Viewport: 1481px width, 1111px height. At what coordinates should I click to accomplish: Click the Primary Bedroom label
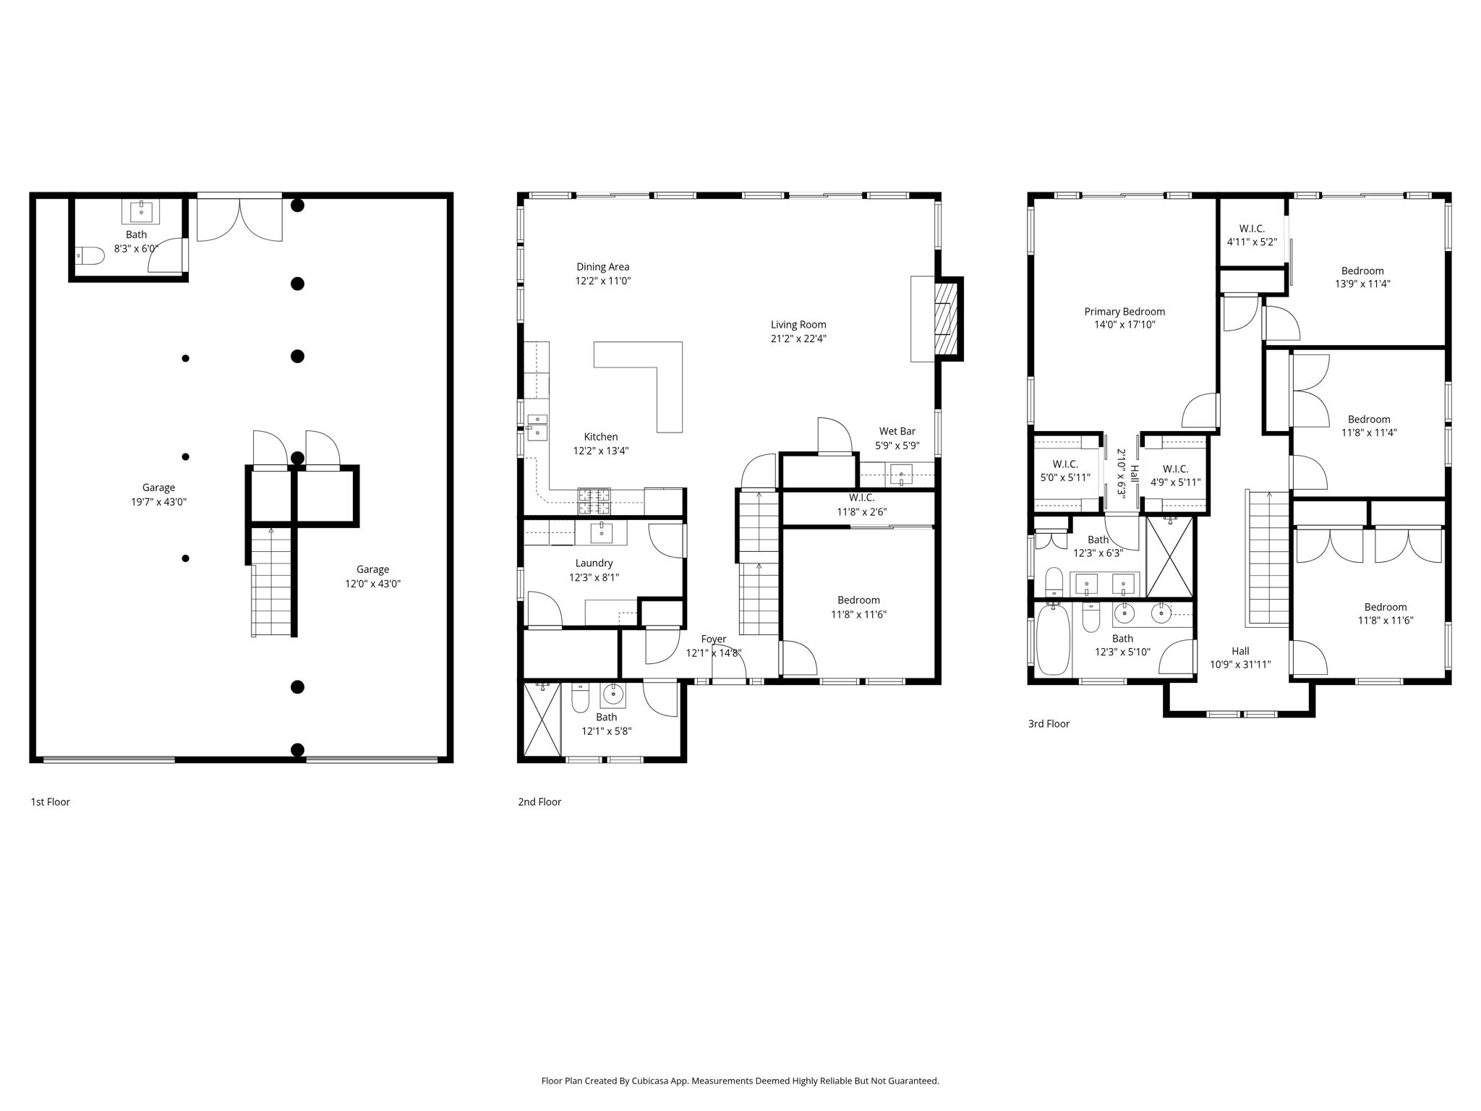(x=1124, y=312)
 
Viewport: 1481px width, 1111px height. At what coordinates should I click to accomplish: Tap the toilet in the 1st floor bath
(x=89, y=255)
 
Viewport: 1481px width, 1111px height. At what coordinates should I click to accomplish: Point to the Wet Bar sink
(x=901, y=475)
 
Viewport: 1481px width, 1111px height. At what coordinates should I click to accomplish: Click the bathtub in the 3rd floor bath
(x=1053, y=639)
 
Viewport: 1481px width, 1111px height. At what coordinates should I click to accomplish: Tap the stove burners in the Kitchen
(x=594, y=501)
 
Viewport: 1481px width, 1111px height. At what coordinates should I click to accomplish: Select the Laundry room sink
(x=602, y=532)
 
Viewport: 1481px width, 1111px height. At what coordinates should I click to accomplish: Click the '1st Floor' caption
(x=50, y=801)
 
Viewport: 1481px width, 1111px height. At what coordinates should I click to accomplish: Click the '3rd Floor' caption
(x=1049, y=723)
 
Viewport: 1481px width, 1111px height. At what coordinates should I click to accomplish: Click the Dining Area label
(x=602, y=267)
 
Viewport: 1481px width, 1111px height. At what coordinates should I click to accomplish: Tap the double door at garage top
(x=239, y=219)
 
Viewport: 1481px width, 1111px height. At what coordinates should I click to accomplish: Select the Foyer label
(x=713, y=639)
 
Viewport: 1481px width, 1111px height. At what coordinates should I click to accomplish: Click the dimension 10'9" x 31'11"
(x=1240, y=664)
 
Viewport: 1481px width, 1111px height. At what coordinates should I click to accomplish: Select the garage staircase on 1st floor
(x=271, y=582)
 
